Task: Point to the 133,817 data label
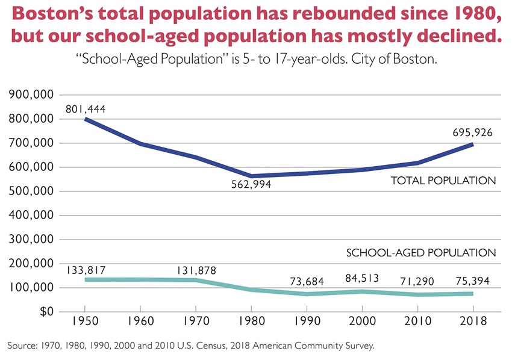[x=86, y=270]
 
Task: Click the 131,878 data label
[x=196, y=270]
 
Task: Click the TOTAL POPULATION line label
[x=443, y=181]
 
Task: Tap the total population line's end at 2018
[x=473, y=144]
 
